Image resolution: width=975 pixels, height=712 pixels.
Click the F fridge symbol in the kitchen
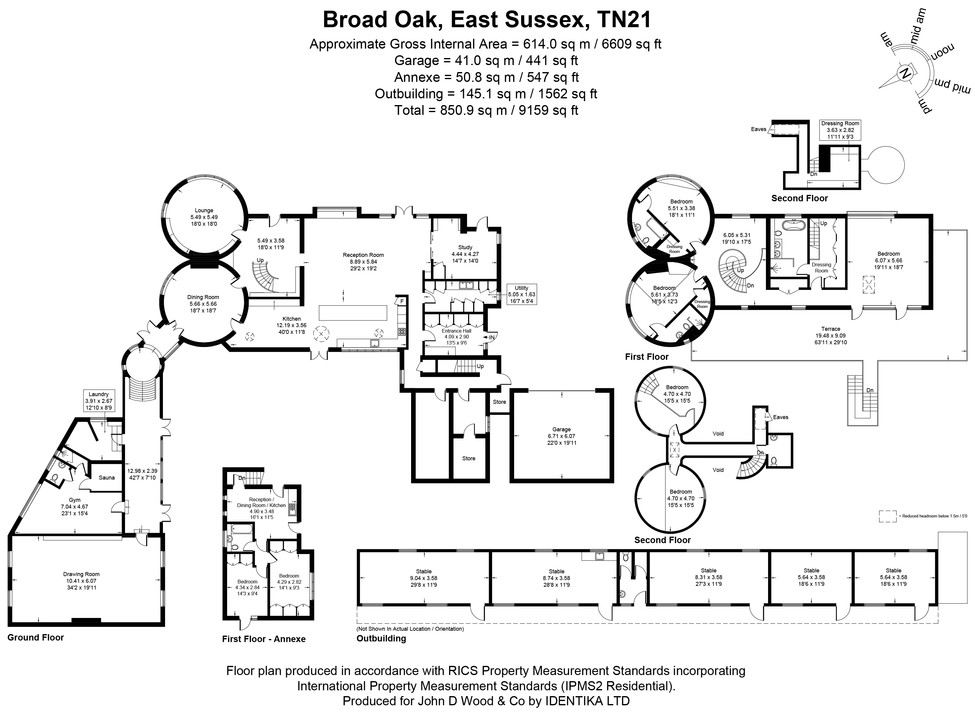tap(402, 301)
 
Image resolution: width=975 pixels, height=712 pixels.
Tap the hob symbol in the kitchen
tap(402, 331)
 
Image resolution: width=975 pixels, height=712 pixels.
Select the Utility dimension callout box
tap(521, 294)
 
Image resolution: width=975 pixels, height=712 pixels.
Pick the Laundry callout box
tap(99, 401)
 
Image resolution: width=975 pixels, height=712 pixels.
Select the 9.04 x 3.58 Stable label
tap(424, 578)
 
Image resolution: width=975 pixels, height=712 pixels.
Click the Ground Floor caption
tap(35, 637)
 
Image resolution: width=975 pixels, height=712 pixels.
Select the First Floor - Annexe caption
tap(264, 639)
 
